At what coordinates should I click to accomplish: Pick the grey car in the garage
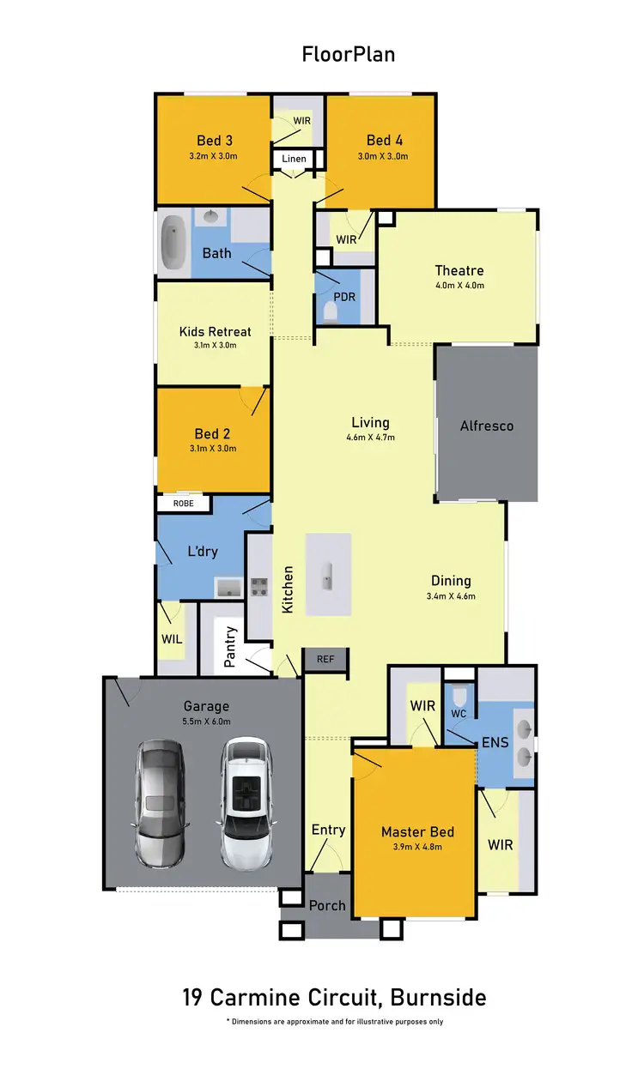(161, 801)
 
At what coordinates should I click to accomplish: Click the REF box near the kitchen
(325, 659)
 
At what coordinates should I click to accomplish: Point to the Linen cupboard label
(294, 160)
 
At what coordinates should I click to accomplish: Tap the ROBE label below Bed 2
(184, 504)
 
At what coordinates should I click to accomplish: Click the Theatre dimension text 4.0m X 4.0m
(459, 286)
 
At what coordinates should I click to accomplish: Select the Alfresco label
(487, 426)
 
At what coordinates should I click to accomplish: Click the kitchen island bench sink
(327, 576)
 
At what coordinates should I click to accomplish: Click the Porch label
(327, 905)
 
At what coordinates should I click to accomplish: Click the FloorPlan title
(348, 55)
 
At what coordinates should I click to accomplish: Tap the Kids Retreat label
(215, 331)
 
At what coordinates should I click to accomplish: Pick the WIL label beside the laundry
(171, 639)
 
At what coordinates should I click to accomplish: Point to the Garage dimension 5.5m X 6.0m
(206, 722)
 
